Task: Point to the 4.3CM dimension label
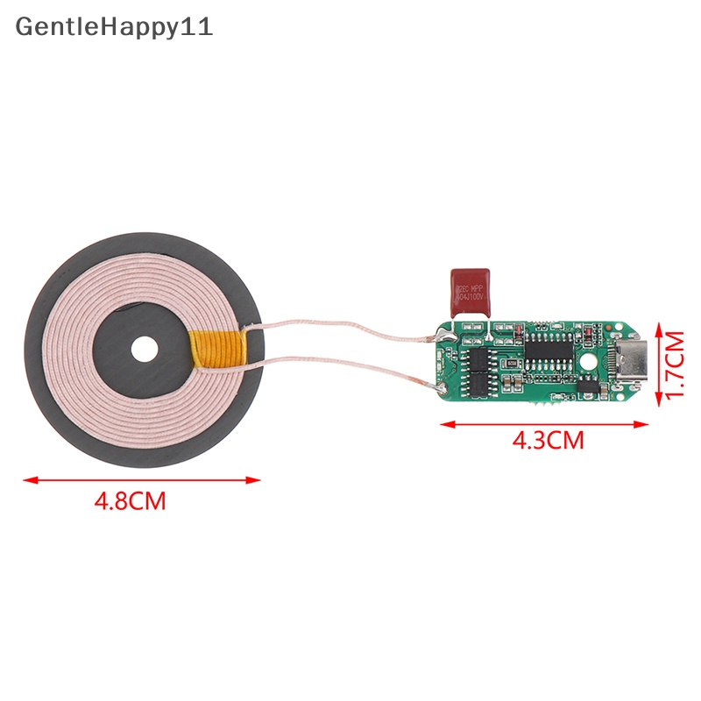pyautogui.click(x=548, y=440)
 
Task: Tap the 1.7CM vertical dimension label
pyautogui.click(x=674, y=365)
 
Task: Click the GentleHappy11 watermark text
pyautogui.click(x=114, y=26)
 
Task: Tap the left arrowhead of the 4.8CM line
pyautogui.click(x=28, y=479)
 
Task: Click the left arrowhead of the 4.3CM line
pyautogui.click(x=444, y=423)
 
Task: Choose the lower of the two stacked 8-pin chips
pyautogui.click(x=479, y=383)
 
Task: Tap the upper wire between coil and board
pyautogui.click(x=350, y=329)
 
